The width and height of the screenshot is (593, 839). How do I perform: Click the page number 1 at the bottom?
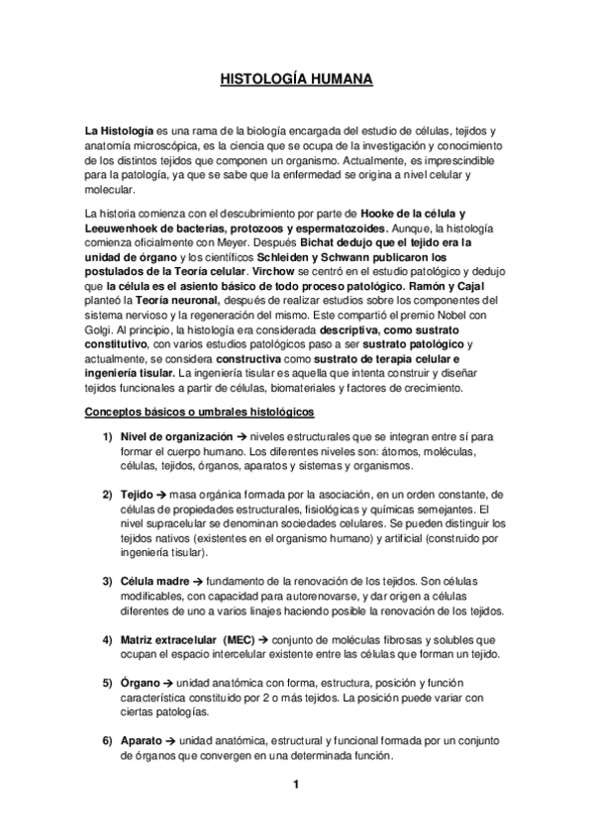pos(296,786)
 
